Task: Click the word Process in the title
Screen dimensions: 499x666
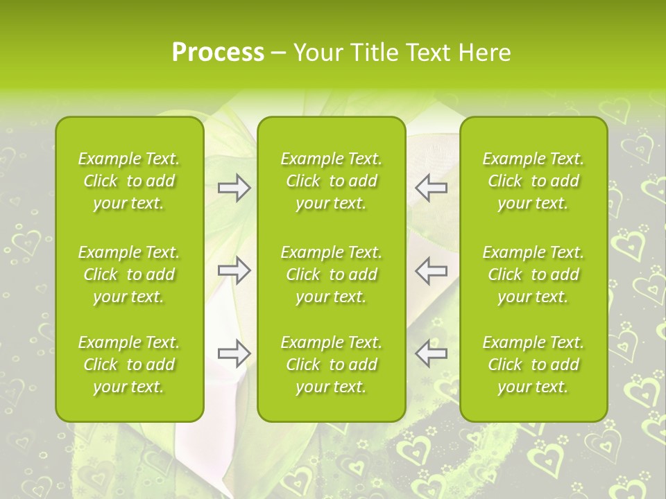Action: pos(218,53)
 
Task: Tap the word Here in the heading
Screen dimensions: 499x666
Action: pos(484,53)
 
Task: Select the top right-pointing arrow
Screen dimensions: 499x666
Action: pos(234,188)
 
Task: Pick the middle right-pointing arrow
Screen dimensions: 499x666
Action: pos(234,270)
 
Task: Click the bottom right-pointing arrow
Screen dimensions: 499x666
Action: pos(234,353)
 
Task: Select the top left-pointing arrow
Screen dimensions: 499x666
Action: pos(432,188)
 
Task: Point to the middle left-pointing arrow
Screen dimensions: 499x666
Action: pos(432,270)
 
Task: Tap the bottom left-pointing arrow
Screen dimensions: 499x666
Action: pos(432,353)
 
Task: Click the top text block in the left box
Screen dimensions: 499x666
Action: pos(129,181)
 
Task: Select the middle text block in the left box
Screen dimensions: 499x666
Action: pos(129,274)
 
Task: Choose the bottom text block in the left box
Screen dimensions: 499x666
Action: pos(129,365)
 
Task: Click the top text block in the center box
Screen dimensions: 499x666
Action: pos(331,181)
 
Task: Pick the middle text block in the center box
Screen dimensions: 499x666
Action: pos(331,274)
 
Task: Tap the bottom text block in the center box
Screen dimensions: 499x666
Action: pos(331,365)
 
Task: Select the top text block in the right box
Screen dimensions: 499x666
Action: pos(533,181)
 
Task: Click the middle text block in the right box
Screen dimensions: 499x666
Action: pos(533,274)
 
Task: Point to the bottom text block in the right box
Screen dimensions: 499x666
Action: pos(533,365)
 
